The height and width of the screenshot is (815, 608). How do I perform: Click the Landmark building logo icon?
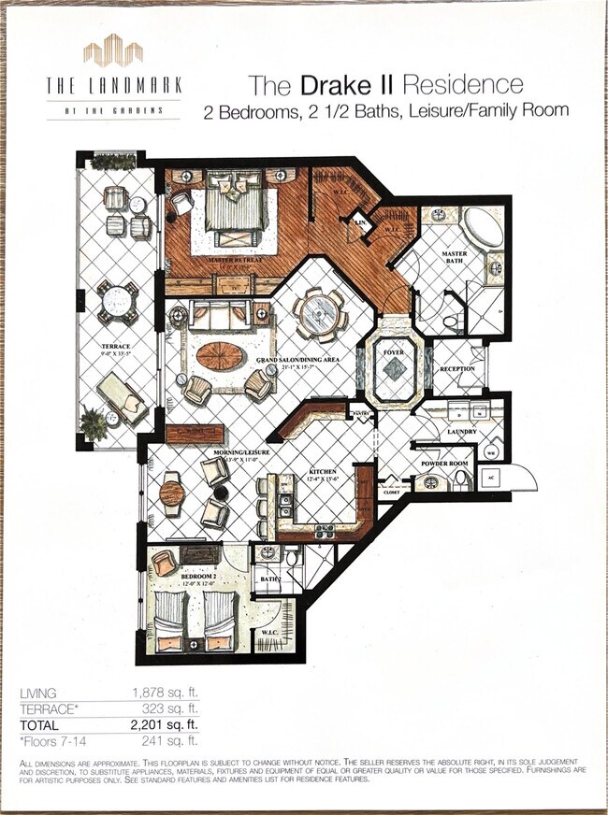point(112,50)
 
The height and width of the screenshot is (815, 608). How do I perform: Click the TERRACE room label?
point(116,346)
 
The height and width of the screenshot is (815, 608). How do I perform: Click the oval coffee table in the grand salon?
point(222,355)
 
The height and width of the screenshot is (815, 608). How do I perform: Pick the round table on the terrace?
point(117,301)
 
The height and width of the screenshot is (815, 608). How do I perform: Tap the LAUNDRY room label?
point(461,431)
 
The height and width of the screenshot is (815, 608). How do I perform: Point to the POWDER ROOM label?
point(443,463)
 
